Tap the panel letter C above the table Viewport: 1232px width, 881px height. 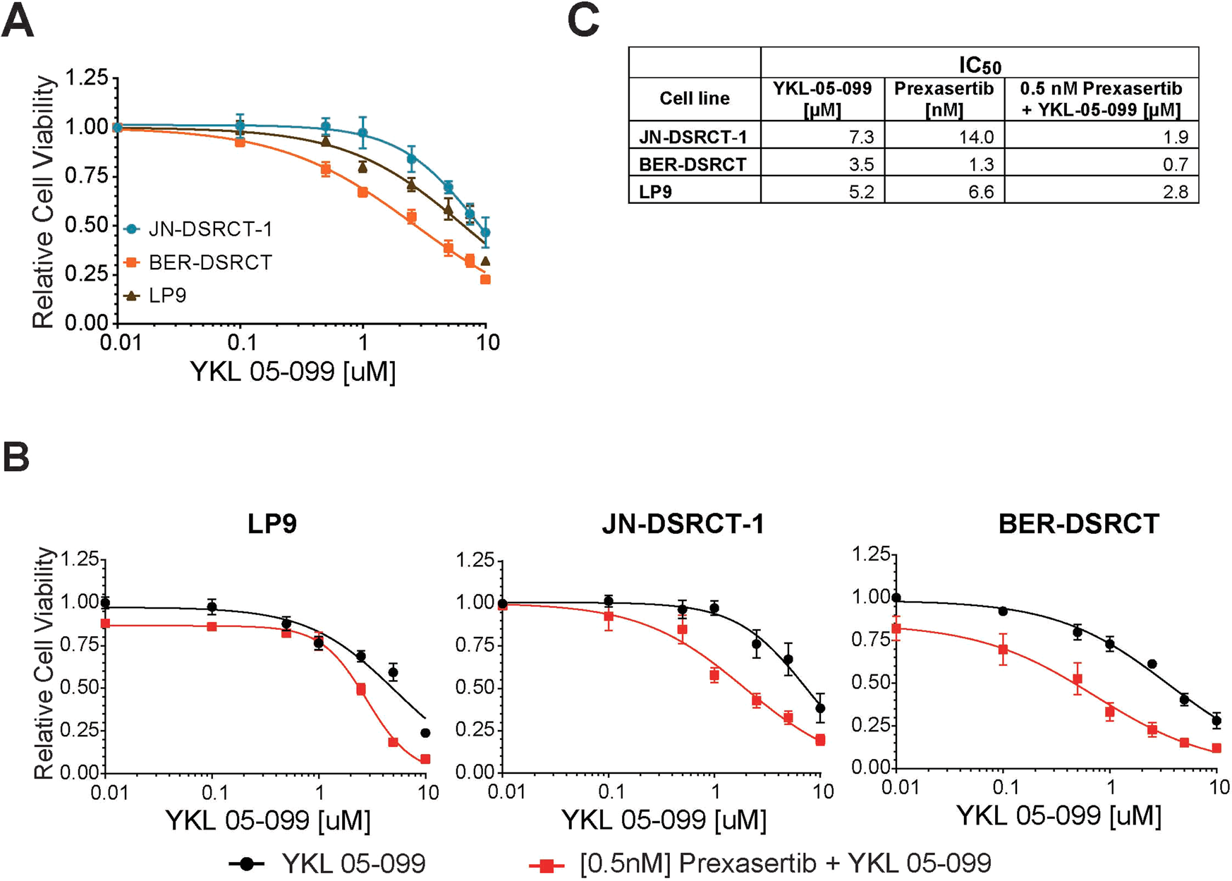(583, 21)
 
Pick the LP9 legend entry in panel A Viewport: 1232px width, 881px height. (167, 295)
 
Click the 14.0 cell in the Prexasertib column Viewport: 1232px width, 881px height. (976, 137)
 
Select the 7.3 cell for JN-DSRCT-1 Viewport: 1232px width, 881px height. (861, 137)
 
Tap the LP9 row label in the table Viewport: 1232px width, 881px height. (655, 192)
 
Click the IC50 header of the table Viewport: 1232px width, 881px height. (980, 66)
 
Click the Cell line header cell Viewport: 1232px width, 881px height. (694, 98)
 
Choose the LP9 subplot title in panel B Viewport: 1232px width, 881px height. (272, 524)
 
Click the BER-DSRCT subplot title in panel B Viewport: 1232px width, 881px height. (1079, 524)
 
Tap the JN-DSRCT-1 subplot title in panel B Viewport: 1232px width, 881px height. (683, 524)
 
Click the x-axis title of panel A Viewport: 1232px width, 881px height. (293, 372)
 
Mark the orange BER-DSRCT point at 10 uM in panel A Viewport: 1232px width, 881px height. (485, 280)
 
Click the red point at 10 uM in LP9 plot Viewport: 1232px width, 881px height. (425, 760)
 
